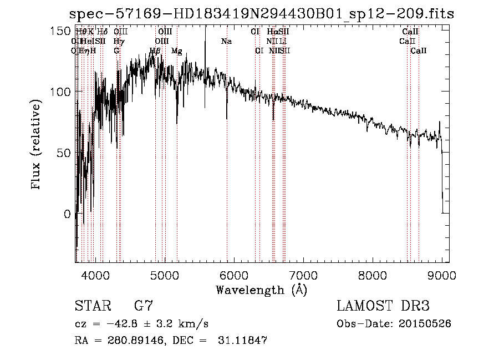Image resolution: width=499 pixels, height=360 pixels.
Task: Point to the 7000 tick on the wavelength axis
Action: (x=303, y=275)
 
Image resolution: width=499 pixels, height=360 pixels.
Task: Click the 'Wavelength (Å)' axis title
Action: (x=261, y=290)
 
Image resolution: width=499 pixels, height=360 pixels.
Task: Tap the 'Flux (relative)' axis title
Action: (x=37, y=145)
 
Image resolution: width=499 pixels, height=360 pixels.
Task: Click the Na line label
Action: (x=226, y=42)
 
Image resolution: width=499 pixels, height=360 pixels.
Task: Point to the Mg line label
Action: (x=176, y=51)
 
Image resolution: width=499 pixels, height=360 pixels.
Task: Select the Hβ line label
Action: (x=155, y=51)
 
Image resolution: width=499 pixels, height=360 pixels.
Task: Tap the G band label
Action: (x=116, y=51)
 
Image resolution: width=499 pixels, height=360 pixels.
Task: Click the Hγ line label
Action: (x=118, y=42)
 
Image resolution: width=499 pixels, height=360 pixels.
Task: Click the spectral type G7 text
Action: (x=144, y=306)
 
